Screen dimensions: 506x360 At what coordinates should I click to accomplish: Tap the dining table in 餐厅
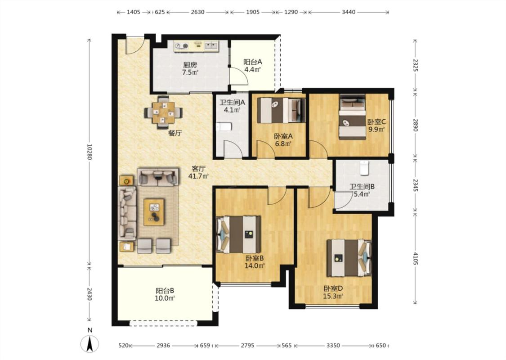[x=164, y=113]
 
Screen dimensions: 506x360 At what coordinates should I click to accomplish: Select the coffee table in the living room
[x=154, y=212]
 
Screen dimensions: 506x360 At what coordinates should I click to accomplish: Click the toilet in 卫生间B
[x=364, y=168]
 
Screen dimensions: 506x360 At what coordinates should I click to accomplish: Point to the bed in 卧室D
[x=349, y=258]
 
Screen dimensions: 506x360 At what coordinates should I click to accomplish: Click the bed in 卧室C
[x=352, y=117]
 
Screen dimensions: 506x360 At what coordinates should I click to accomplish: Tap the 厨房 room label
[x=190, y=65]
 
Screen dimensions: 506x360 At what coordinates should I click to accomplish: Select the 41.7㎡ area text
[x=198, y=176]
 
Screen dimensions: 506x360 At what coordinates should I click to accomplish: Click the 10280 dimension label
[x=90, y=152]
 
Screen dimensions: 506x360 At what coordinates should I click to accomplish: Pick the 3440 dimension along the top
[x=349, y=12]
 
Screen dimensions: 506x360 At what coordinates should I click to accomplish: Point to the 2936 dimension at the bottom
[x=163, y=346]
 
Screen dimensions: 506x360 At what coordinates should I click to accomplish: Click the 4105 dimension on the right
[x=415, y=258]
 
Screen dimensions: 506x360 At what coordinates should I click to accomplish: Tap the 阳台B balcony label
[x=165, y=291]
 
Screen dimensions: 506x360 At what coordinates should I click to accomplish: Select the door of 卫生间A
[x=233, y=149]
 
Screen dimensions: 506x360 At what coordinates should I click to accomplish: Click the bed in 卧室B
[x=238, y=234]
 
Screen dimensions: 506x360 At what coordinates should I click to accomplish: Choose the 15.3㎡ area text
[x=333, y=296]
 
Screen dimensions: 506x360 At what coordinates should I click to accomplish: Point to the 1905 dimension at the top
[x=253, y=12]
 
